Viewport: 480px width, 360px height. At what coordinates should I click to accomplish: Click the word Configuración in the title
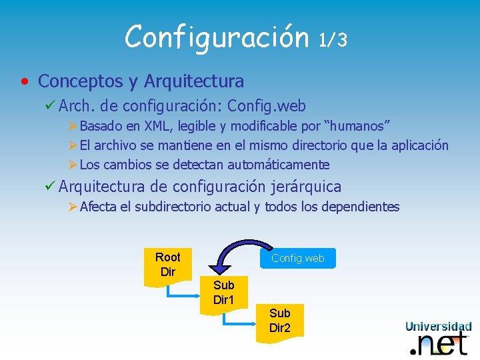[x=217, y=37]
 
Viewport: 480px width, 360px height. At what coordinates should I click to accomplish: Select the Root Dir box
[x=167, y=265]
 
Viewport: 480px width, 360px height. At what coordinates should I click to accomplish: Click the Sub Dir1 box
[x=223, y=293]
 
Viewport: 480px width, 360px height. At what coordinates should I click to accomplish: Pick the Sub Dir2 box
[x=279, y=321]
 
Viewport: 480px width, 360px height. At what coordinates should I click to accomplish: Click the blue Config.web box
[x=297, y=259]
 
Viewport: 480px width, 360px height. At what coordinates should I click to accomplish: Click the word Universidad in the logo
[x=438, y=326]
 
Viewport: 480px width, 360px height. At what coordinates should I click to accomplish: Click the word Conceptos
[x=81, y=81]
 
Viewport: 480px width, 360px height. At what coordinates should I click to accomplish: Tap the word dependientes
[x=360, y=207]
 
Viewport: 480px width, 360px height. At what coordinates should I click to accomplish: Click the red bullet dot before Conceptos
[x=24, y=82]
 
